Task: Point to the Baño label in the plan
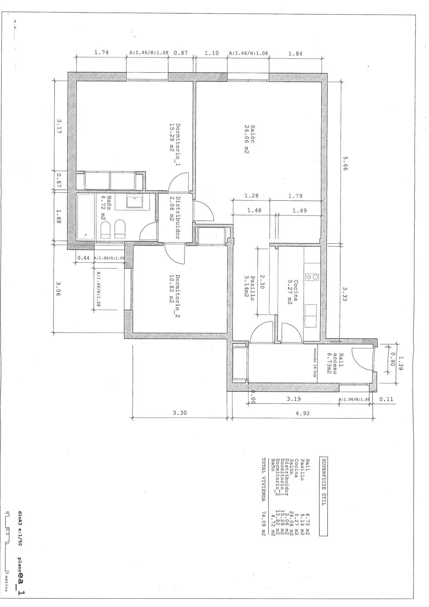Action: pyautogui.click(x=109, y=203)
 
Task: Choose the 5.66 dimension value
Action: pyautogui.click(x=345, y=164)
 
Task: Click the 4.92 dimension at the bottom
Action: pyautogui.click(x=302, y=413)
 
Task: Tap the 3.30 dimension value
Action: pyautogui.click(x=180, y=413)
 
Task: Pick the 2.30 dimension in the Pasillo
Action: pyautogui.click(x=262, y=281)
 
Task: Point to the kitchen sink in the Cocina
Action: pyautogui.click(x=310, y=316)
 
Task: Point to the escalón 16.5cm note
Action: pyautogui.click(x=315, y=363)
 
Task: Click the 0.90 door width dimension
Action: pyautogui.click(x=393, y=359)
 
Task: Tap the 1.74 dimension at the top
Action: pyautogui.click(x=101, y=52)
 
